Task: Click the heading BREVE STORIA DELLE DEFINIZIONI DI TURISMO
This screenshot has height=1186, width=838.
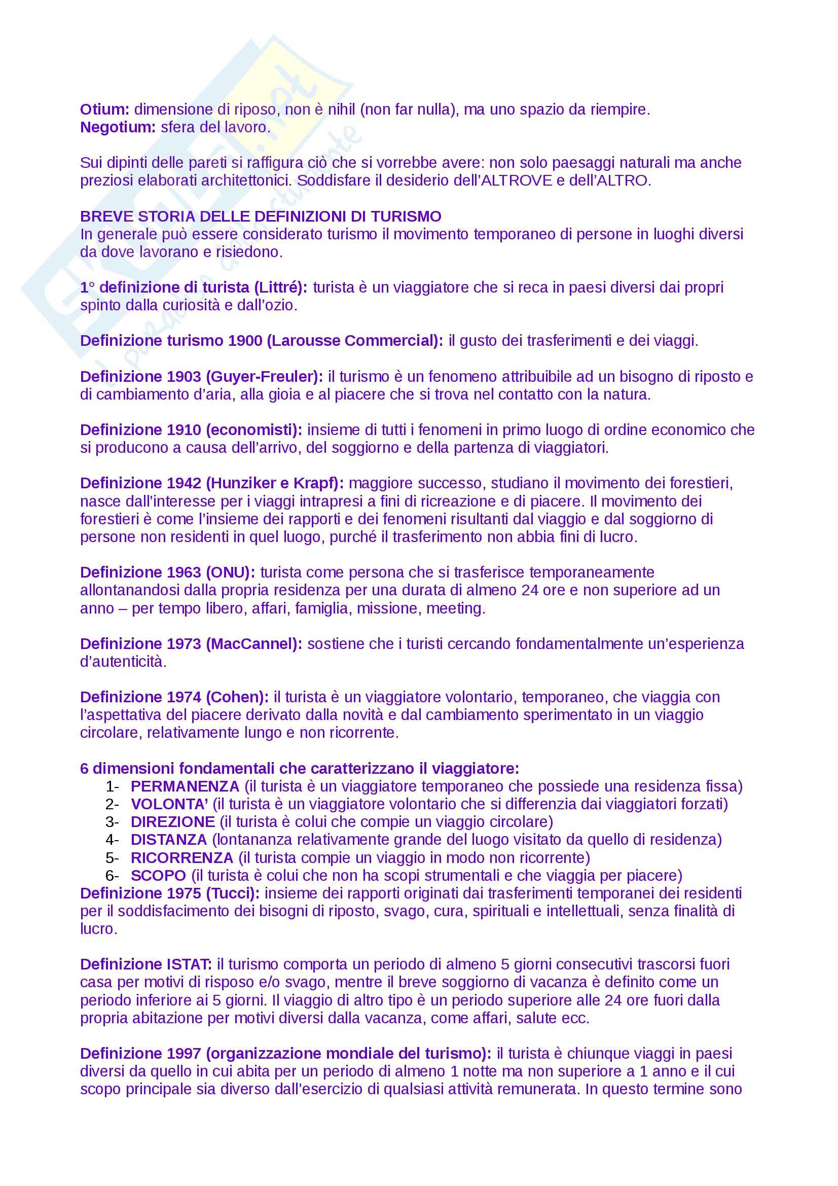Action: [261, 217]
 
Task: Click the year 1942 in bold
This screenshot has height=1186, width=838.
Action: [184, 484]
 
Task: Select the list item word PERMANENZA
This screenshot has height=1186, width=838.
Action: [185, 786]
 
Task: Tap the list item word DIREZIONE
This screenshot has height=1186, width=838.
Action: [172, 822]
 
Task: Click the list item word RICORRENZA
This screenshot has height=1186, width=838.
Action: [182, 857]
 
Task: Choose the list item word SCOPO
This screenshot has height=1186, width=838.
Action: [158, 876]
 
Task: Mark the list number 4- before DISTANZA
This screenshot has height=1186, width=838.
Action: [112, 840]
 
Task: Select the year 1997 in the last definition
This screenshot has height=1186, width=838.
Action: [184, 1054]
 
